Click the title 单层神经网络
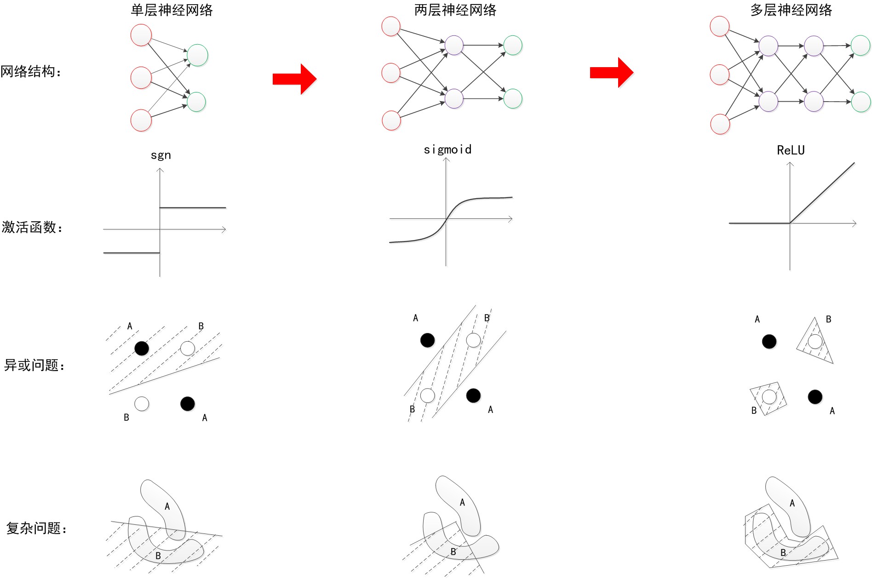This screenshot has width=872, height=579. point(172,10)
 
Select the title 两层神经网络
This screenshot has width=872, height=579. point(455,10)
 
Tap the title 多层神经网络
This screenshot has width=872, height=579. point(791,10)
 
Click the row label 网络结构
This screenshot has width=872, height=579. point(30,71)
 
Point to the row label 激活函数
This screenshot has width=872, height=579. point(32,227)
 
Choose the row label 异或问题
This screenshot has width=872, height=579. point(34,365)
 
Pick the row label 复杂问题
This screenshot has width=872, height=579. point(36,528)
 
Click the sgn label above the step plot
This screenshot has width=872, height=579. point(161,155)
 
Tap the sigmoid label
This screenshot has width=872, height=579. point(447,149)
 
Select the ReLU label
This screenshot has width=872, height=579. point(791,150)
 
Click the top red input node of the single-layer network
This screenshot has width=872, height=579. point(141,35)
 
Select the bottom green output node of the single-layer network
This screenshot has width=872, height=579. point(196,102)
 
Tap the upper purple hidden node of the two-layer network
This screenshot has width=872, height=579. point(454,45)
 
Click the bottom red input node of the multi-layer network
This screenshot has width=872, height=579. point(720,124)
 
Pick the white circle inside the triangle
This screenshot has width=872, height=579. point(815,341)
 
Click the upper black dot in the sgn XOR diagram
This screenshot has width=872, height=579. point(142,348)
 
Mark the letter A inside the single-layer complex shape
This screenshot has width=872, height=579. point(167,506)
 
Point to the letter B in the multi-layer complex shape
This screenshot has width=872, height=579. point(783,552)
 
